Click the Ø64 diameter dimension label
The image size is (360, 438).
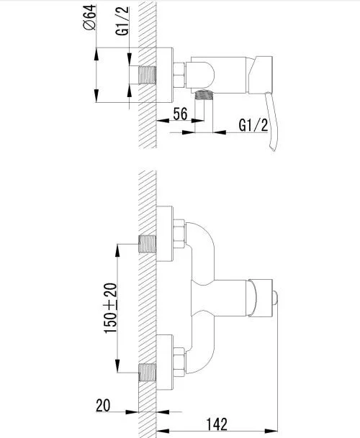click(89, 17)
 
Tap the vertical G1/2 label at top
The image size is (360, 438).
click(122, 21)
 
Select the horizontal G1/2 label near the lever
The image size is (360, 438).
click(253, 125)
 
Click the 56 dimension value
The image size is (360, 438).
click(180, 114)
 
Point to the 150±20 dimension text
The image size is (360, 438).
click(110, 308)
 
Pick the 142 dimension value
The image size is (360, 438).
click(217, 424)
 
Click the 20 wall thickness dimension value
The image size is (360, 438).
click(103, 406)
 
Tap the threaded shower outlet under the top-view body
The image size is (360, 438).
click(204, 95)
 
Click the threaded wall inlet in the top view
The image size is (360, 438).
click(147, 75)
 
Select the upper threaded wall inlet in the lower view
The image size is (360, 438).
click(147, 244)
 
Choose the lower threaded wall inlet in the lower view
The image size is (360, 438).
click(147, 373)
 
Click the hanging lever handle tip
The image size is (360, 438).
click(273, 149)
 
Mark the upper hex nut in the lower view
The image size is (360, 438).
click(179, 234)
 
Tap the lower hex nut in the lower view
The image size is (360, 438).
click(179, 362)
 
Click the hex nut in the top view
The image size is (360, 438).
click(179, 75)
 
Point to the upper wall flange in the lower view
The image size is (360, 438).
click(165, 234)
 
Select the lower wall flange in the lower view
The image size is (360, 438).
click(165, 362)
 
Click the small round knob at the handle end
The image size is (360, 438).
click(275, 298)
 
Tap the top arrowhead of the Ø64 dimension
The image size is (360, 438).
click(96, 54)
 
